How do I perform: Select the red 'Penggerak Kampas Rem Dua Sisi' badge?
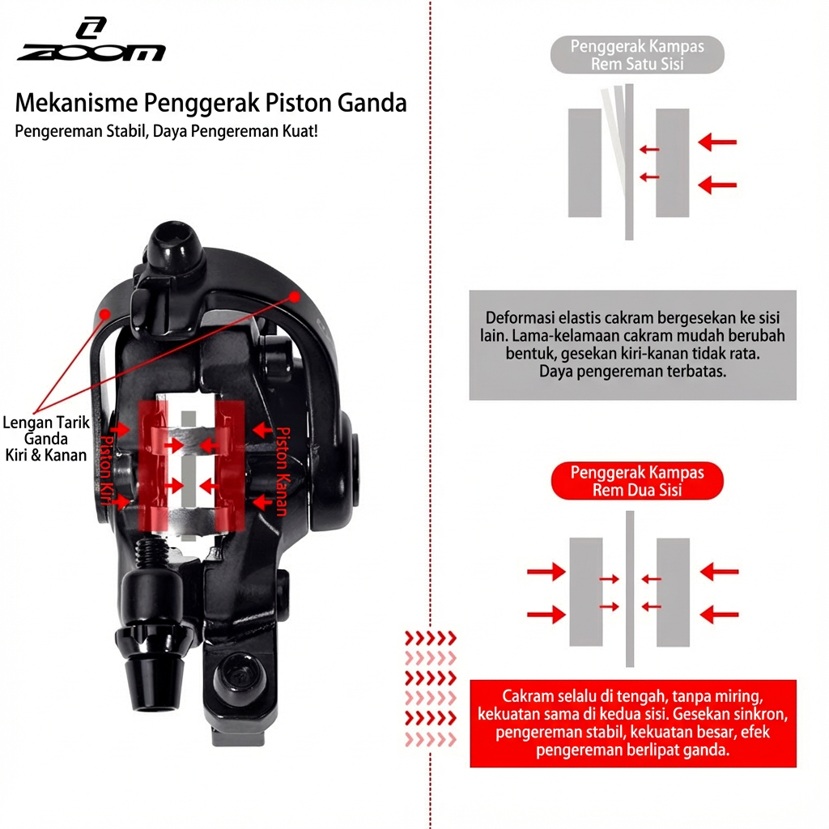637,481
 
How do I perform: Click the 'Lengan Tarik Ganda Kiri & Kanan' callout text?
45,438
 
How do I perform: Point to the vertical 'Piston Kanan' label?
283,470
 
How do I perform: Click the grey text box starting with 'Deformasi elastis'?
632,345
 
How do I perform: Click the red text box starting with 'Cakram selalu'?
632,723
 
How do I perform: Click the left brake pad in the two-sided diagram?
585,591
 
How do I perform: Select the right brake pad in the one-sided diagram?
672,163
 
